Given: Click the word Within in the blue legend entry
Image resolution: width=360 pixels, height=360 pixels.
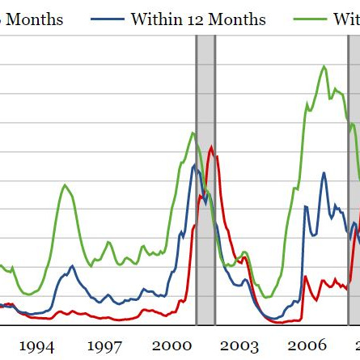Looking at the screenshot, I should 157,19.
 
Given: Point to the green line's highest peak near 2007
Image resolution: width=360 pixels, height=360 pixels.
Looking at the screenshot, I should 324,66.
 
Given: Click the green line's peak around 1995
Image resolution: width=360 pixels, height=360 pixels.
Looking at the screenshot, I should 65,185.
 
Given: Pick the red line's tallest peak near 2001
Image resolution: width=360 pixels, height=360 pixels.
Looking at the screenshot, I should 212,147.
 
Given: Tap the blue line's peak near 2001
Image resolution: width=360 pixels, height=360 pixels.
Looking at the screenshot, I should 194,167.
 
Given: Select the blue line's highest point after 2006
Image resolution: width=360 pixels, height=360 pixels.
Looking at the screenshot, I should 324,172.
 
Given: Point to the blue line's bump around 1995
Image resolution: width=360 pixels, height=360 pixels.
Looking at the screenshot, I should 71,266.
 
